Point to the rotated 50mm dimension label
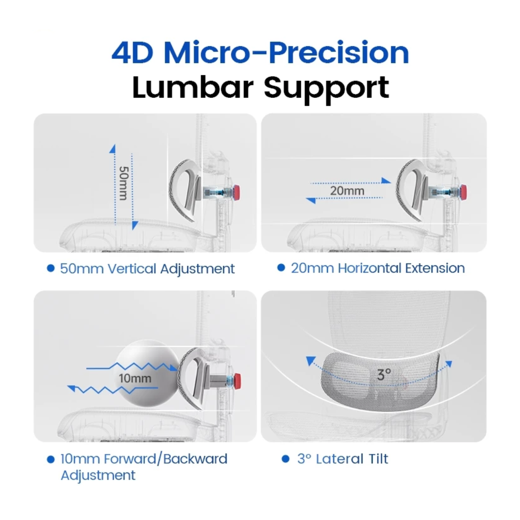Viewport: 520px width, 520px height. coord(124,184)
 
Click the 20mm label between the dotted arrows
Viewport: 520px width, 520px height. coord(347,191)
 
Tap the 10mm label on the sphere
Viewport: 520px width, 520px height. coord(135,378)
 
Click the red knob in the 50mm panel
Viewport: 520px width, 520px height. coord(237,191)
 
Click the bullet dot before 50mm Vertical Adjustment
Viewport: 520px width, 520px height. coord(51,268)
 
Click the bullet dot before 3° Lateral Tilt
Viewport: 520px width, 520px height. coord(286,459)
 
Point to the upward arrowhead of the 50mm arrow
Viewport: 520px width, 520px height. coord(113,148)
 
